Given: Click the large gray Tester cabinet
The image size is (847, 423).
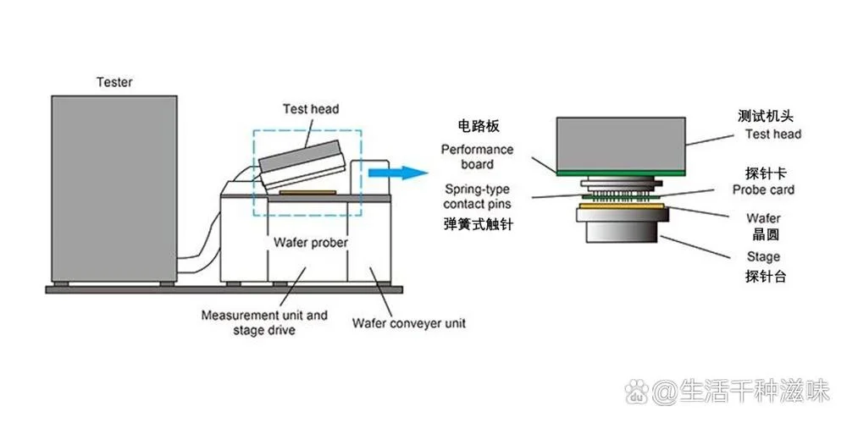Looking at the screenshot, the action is [x=114, y=189].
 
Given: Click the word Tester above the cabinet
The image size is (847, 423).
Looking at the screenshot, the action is [x=114, y=83].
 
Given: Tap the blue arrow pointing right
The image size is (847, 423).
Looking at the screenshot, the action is [x=398, y=173].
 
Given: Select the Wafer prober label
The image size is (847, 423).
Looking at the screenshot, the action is [x=311, y=242].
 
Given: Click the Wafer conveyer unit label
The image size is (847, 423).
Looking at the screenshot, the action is [x=408, y=323].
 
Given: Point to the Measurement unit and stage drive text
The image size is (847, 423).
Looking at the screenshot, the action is [x=264, y=322].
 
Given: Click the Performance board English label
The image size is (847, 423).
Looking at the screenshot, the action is [x=477, y=156].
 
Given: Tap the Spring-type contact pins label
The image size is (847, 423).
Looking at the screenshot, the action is [x=477, y=196].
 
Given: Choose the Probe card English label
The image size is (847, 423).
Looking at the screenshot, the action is [x=763, y=190].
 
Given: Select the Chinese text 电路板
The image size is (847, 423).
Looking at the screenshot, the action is [x=478, y=126].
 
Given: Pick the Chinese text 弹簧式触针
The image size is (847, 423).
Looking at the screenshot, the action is [x=478, y=224].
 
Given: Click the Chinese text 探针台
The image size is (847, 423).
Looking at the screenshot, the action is [x=765, y=277].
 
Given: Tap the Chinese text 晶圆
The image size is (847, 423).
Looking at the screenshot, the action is [x=762, y=235].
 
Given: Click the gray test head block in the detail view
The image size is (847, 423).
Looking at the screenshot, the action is [x=621, y=144].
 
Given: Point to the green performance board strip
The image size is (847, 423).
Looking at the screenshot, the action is [x=621, y=173].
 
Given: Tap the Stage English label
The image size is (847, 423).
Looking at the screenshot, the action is [x=763, y=257].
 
